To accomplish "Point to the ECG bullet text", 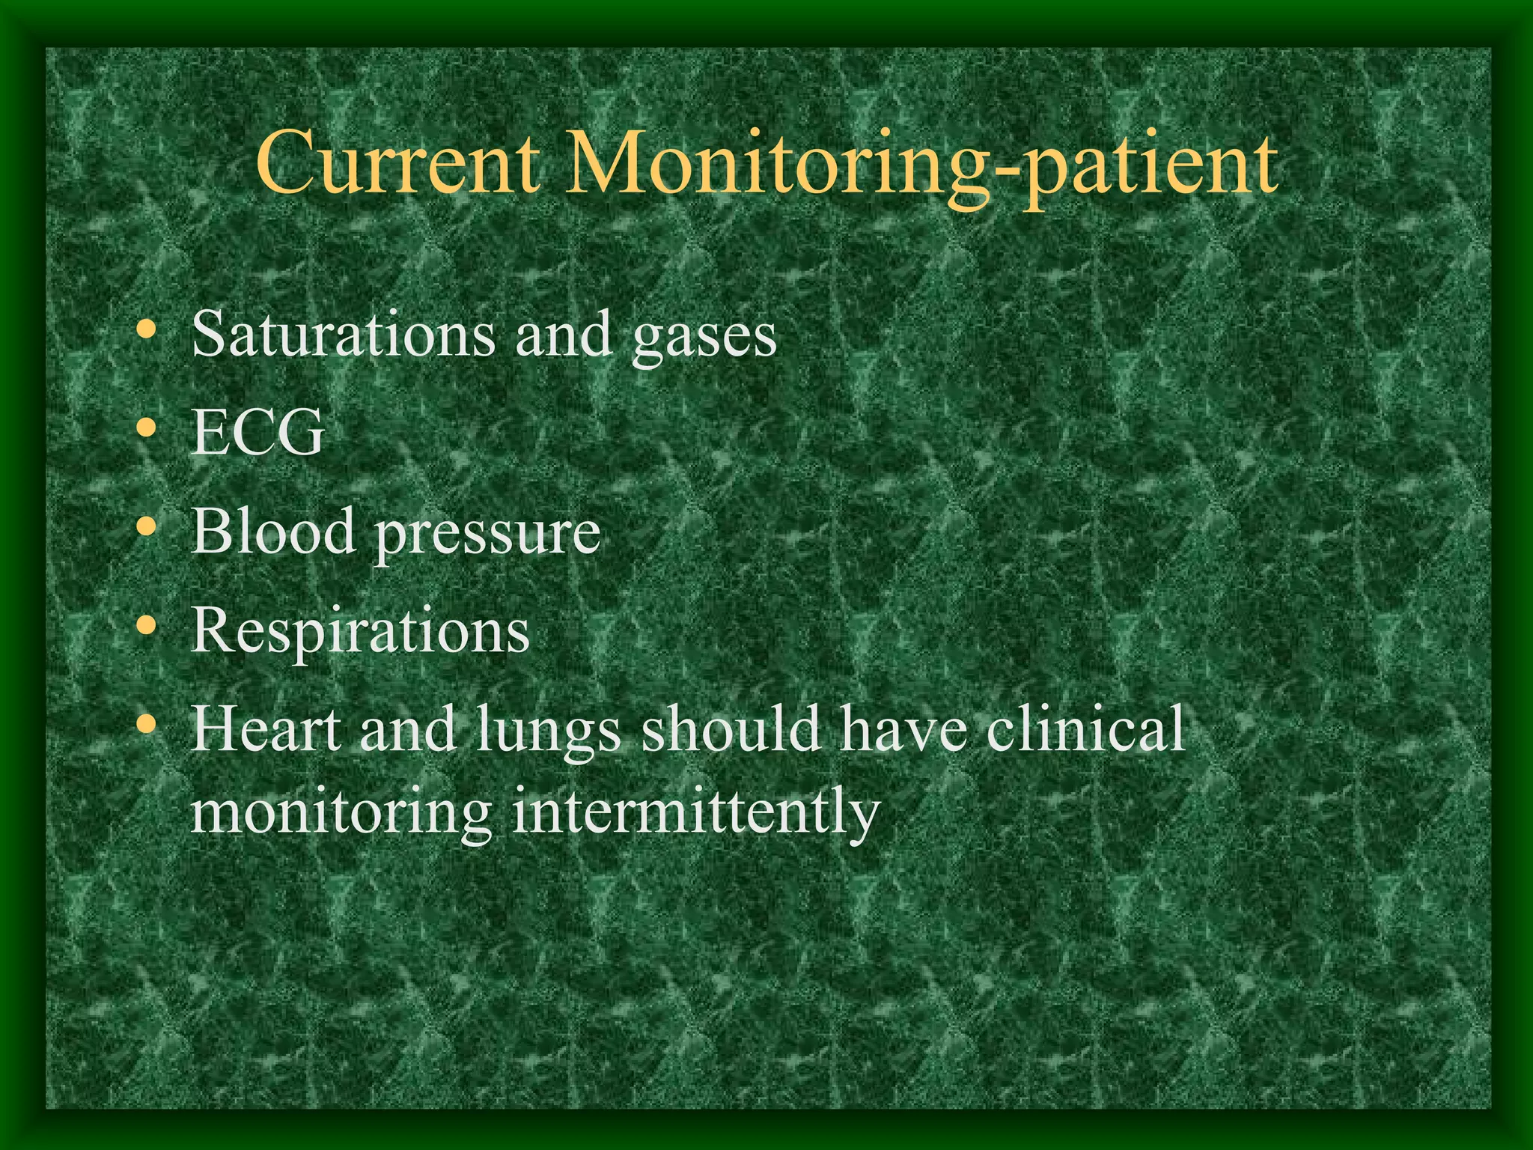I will tap(258, 433).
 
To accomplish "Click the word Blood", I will tap(273, 531).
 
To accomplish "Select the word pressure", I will tap(487, 535).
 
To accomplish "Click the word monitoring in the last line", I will tap(341, 816).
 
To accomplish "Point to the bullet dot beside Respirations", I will tap(147, 625).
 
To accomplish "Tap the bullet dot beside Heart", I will tap(147, 724).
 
